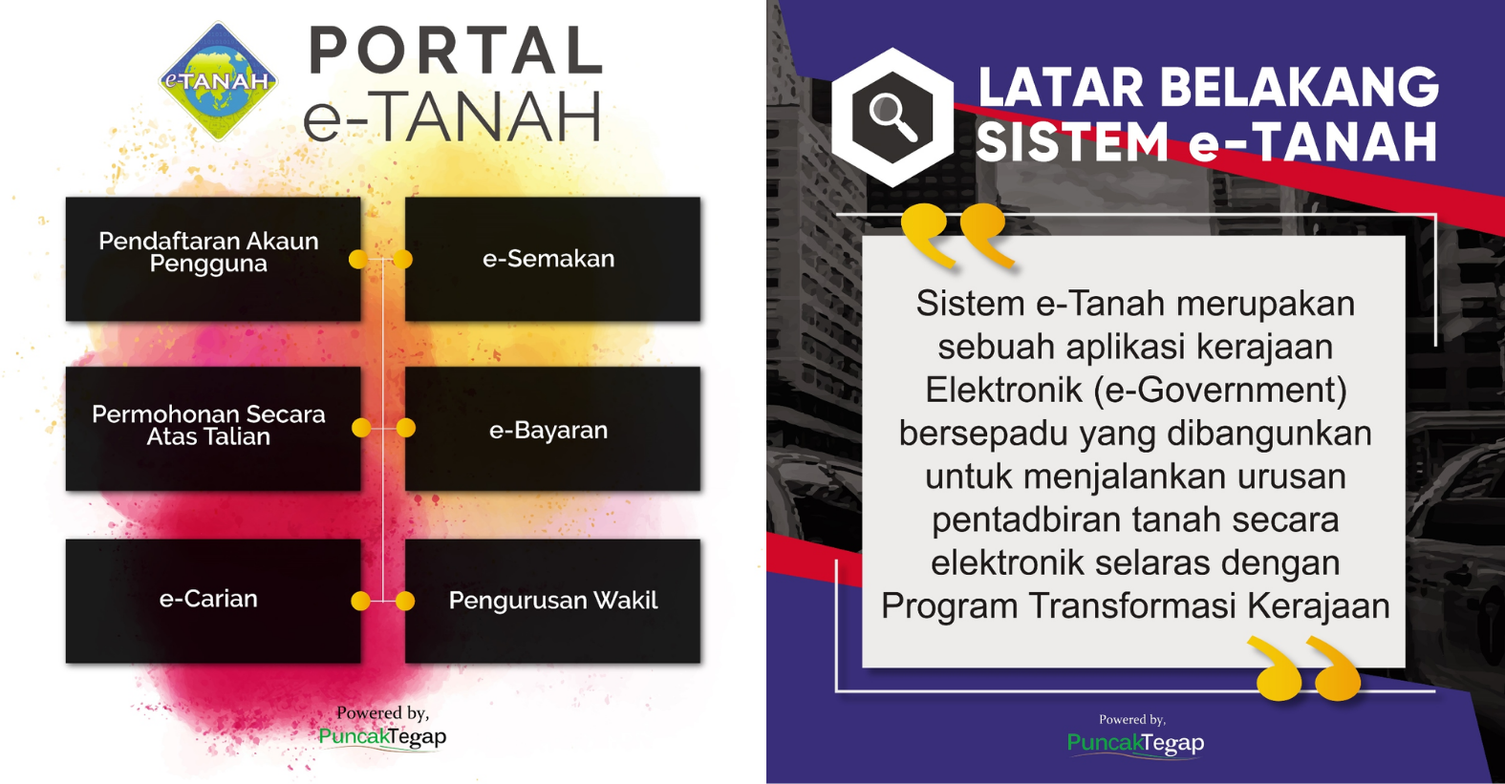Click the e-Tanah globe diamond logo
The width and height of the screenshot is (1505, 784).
pos(219,80)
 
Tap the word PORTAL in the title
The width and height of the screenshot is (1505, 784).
pos(456,51)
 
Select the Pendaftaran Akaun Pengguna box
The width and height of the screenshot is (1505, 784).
pos(213,259)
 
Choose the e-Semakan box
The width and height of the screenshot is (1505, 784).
pos(552,259)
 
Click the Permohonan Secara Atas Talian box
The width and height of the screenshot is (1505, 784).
pos(213,428)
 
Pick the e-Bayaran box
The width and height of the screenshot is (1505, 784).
pos(552,428)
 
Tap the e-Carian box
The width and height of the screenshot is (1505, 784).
pos(213,601)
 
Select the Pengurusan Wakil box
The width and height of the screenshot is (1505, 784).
pos(552,601)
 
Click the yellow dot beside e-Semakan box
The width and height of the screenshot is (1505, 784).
pos(402,259)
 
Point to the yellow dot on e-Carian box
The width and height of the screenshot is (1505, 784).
pos(361,601)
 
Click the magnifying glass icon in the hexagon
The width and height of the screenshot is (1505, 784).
pos(892,117)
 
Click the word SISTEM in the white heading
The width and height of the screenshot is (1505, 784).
pos(1072,142)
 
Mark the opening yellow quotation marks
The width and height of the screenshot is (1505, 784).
pos(958,237)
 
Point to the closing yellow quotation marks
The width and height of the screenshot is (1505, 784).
pos(1304,668)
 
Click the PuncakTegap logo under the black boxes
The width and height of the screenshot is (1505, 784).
pos(382,737)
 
